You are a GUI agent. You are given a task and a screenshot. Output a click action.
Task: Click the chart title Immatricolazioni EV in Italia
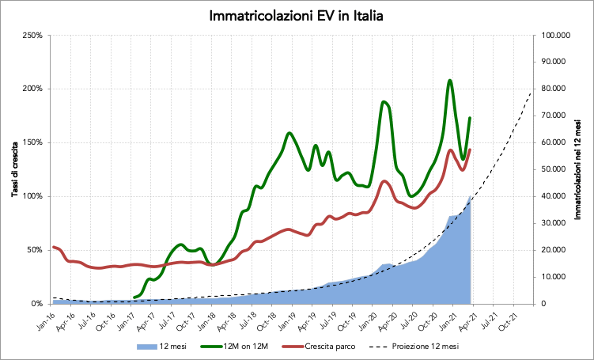[x=297, y=15]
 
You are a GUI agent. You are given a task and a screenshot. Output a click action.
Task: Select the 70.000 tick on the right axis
[x=557, y=116]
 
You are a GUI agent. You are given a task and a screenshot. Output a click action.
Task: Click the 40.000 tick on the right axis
[x=557, y=196]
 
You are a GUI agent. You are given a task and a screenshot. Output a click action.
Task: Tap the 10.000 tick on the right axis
[x=557, y=277]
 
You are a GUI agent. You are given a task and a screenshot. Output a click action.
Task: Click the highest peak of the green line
[x=450, y=80]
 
